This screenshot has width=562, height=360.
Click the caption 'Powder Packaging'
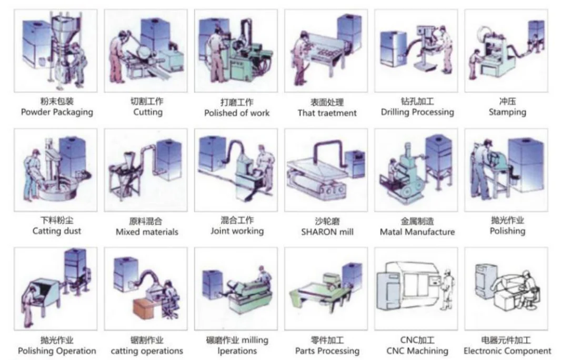[57, 112]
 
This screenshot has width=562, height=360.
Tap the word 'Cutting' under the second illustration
[148, 112]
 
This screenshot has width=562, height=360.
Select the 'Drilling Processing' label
[417, 112]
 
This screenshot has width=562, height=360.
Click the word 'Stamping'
[507, 112]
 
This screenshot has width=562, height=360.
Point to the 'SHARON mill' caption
[327, 232]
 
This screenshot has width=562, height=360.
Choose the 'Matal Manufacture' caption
[417, 232]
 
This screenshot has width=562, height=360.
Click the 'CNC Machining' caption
[417, 351]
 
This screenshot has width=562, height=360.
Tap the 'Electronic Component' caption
[507, 351]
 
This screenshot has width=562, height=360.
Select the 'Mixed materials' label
[147, 232]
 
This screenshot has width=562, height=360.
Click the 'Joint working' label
[237, 231]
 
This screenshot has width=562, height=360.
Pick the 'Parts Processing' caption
[327, 351]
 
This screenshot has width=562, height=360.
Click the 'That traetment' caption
[327, 113]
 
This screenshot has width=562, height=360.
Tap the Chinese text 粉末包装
[57, 101]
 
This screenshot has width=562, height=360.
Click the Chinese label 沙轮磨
[327, 221]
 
